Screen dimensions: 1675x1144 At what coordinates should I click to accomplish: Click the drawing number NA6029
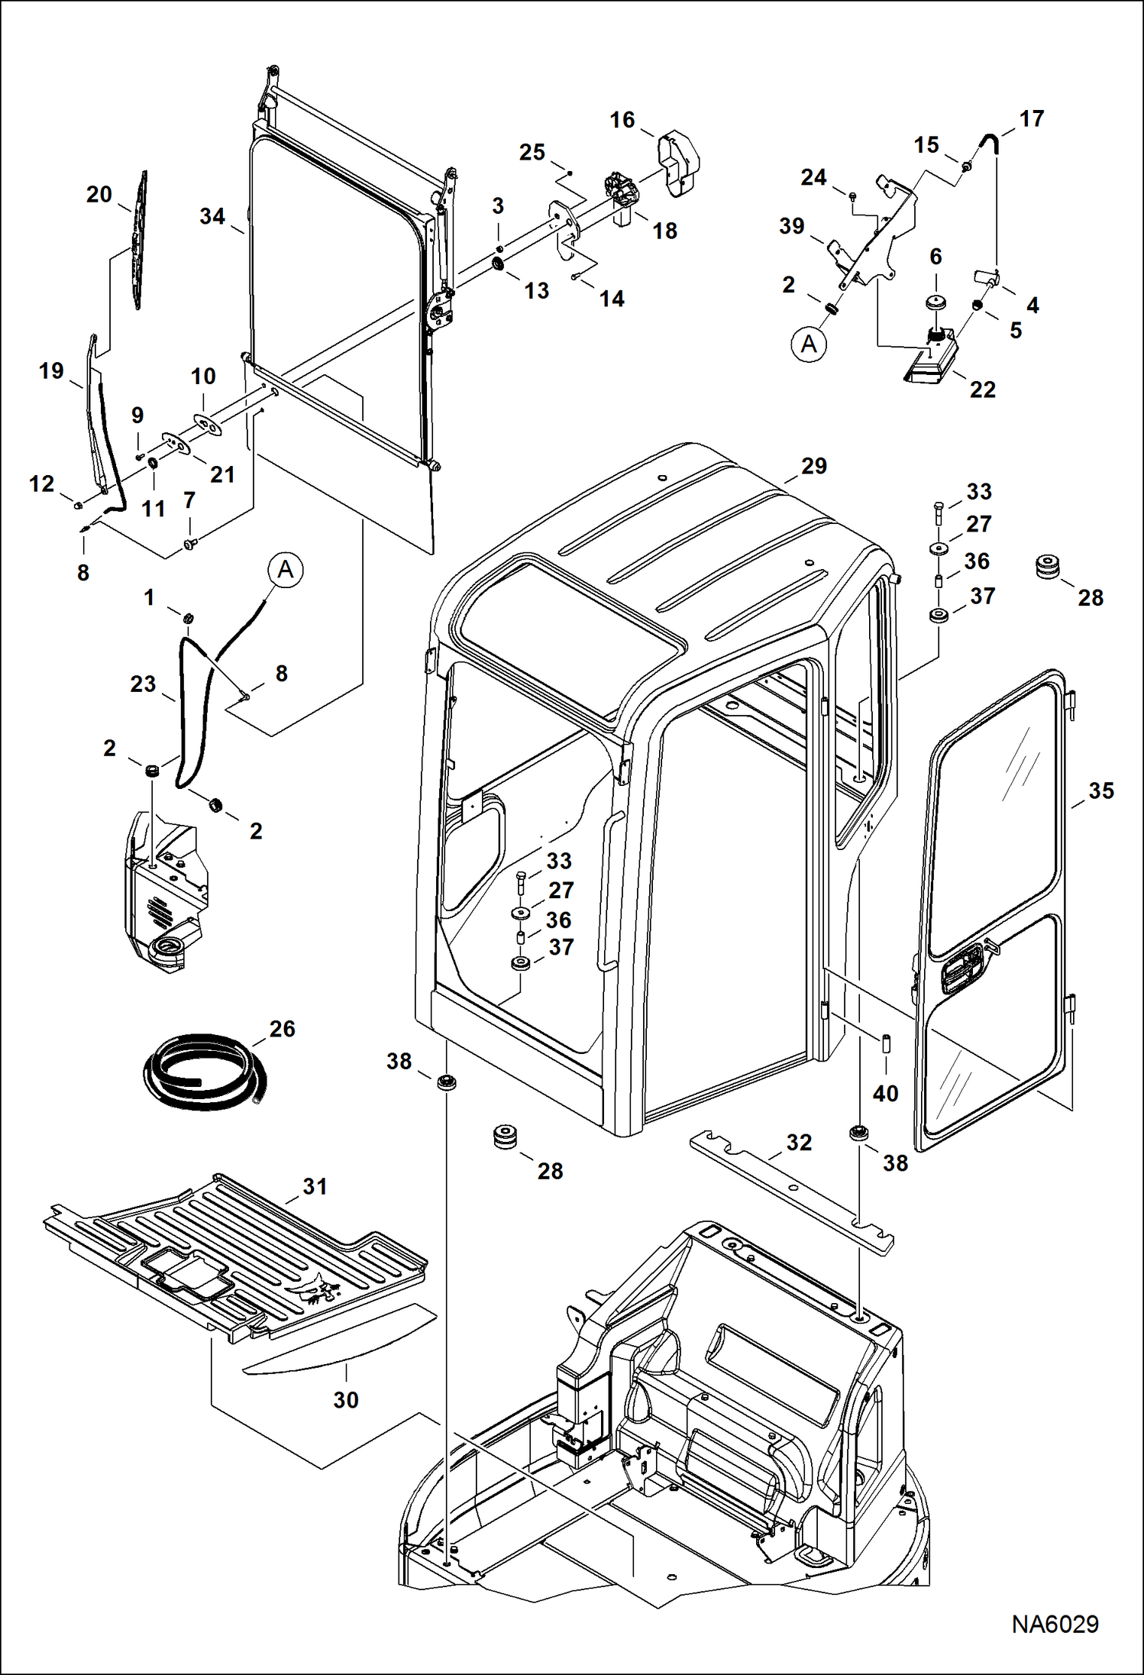click(1055, 1622)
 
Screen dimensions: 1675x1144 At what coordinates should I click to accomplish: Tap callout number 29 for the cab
click(813, 466)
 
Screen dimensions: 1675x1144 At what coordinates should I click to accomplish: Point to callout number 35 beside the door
click(1100, 791)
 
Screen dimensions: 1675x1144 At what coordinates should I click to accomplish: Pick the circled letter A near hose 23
click(285, 570)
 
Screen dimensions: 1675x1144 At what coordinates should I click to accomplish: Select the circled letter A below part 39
click(809, 344)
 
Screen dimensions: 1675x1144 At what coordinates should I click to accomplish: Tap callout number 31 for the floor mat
click(315, 1186)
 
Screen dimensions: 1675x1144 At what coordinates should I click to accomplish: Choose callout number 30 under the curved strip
click(345, 1399)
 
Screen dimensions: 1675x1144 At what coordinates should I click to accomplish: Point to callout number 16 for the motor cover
click(622, 120)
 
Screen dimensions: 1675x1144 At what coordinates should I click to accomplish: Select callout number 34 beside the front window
click(212, 217)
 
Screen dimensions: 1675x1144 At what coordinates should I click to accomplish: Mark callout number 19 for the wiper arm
click(51, 371)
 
